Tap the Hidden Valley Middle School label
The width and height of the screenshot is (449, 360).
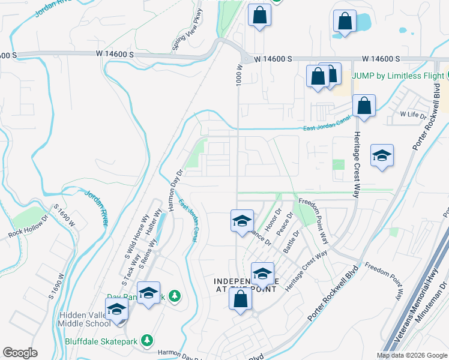click(x=84, y=320)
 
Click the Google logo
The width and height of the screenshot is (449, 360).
click(x=20, y=353)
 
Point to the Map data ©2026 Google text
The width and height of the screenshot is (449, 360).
click(x=411, y=355)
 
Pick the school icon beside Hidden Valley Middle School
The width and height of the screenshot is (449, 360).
click(x=117, y=310)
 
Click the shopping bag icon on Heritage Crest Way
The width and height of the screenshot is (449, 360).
click(x=364, y=107)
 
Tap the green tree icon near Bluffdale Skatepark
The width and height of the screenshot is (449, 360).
click(x=175, y=296)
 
